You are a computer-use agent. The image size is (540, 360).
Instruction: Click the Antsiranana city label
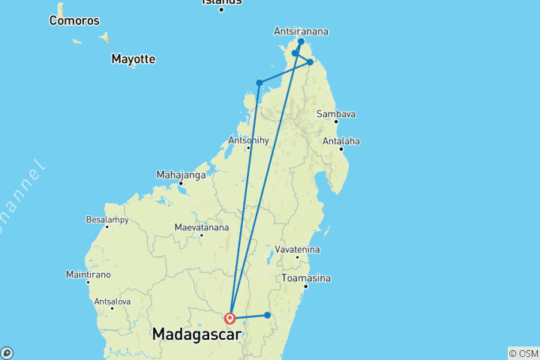coord(301,31)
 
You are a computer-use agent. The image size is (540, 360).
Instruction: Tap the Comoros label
coord(73,20)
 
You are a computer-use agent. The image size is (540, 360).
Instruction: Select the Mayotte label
coord(133,58)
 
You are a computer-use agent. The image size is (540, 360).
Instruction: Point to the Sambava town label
coord(335,114)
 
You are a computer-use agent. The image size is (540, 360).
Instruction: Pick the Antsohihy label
coord(247,139)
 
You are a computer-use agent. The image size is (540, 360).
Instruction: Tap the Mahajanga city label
coord(180,175)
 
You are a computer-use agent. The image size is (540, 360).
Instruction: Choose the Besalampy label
coord(107,220)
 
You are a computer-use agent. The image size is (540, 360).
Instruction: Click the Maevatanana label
coord(200,226)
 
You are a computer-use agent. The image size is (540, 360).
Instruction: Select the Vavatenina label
coord(298,249)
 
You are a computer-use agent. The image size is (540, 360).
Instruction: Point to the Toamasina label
coord(306,277)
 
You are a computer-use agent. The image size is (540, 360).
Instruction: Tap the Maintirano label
coord(88,274)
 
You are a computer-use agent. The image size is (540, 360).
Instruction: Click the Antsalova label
coord(112,301)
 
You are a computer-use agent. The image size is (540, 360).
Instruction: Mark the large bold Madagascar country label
coord(198,334)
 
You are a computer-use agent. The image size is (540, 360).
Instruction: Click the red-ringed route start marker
coord(230,318)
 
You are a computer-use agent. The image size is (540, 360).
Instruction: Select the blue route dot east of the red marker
coord(267,315)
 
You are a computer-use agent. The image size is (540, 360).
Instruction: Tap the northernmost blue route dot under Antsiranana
coord(301,42)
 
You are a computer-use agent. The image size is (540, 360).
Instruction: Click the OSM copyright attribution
coord(523,352)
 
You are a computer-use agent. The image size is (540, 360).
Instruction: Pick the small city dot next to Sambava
coord(335,121)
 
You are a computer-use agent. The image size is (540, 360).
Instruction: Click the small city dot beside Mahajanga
coord(181,183)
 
